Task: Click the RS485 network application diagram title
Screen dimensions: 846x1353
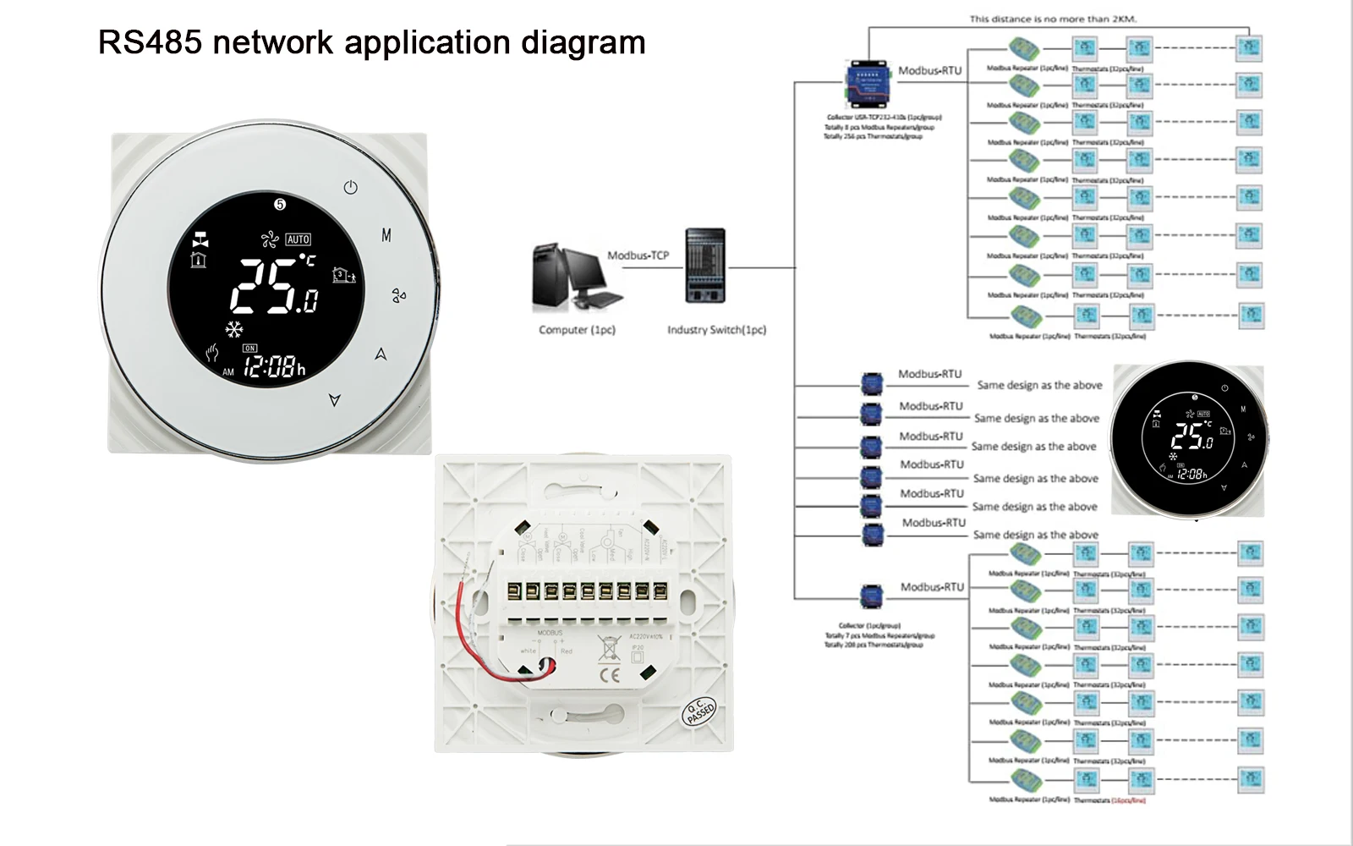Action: click(371, 42)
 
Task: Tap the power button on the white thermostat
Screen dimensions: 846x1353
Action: click(351, 187)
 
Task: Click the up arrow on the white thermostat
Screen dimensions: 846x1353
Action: click(381, 354)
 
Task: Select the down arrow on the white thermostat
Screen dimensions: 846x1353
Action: click(335, 399)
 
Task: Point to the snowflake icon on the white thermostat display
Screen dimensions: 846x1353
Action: click(234, 329)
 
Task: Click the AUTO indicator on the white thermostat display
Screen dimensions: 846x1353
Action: click(298, 239)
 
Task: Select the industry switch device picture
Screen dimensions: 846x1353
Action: click(705, 265)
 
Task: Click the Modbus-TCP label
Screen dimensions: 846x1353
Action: click(638, 255)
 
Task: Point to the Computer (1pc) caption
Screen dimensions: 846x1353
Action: click(577, 330)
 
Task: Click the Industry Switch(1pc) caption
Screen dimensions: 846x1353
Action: click(716, 330)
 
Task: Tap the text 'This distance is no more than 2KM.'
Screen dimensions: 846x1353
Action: click(1053, 19)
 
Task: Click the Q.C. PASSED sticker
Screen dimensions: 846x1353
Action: click(699, 712)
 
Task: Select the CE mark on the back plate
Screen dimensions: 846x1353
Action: click(609, 675)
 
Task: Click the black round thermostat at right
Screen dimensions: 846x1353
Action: click(1189, 438)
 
